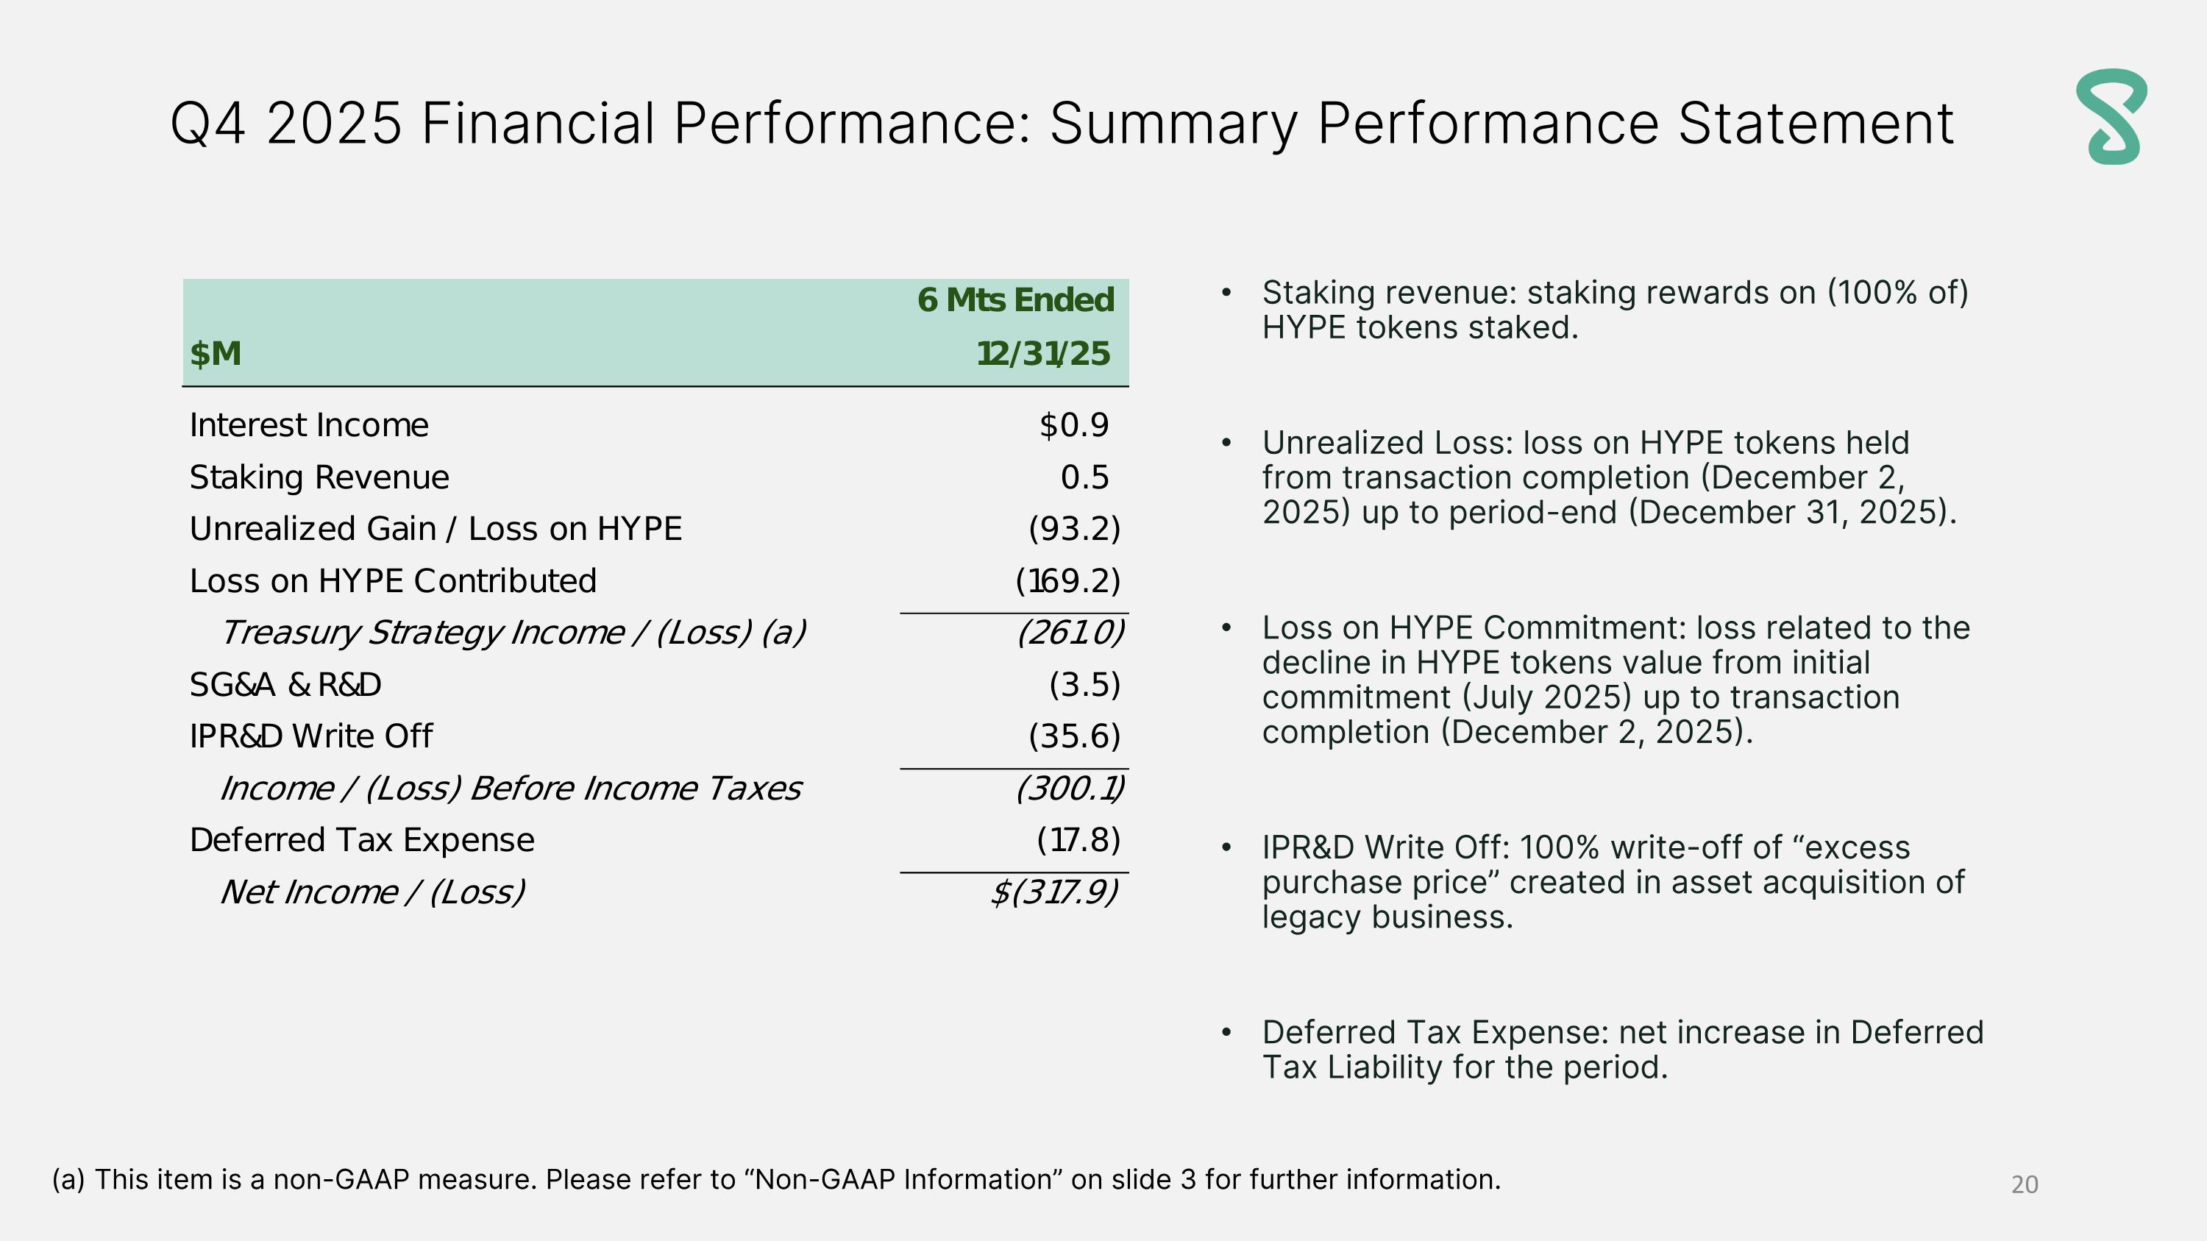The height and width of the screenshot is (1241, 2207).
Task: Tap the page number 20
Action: click(x=2024, y=1184)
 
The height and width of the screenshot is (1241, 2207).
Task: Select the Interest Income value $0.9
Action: click(x=1073, y=424)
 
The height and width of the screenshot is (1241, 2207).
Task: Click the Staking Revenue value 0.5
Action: click(x=1084, y=477)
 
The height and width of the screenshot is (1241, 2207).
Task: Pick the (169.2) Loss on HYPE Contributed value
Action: click(x=1067, y=580)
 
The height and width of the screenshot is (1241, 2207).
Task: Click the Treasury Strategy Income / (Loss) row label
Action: click(x=512, y=633)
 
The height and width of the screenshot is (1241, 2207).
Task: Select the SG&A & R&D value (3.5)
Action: click(x=1084, y=684)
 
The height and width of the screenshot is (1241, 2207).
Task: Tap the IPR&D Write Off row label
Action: click(x=311, y=736)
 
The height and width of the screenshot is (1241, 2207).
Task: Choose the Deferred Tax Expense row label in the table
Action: click(x=361, y=840)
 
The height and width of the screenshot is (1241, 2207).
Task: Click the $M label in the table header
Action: click(x=215, y=354)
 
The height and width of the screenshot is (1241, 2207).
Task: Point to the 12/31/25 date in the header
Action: click(x=1042, y=354)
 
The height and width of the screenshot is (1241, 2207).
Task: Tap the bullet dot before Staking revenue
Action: click(x=1226, y=293)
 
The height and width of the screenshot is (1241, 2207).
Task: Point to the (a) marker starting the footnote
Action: click(x=68, y=1179)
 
